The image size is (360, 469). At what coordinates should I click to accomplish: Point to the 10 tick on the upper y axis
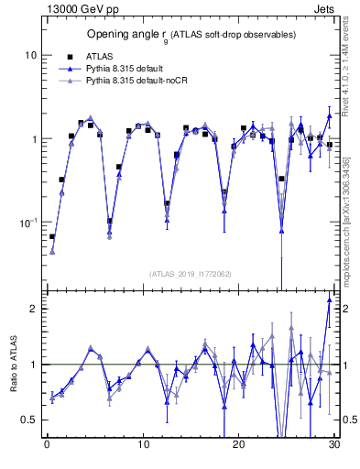pyautogui.click(x=30, y=55)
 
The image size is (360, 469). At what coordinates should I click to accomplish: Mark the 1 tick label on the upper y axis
pyautogui.click(x=33, y=139)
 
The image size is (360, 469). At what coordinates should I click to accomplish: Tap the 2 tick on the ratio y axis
pyautogui.click(x=33, y=309)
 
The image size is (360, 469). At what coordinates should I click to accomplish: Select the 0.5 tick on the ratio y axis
pyautogui.click(x=27, y=420)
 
